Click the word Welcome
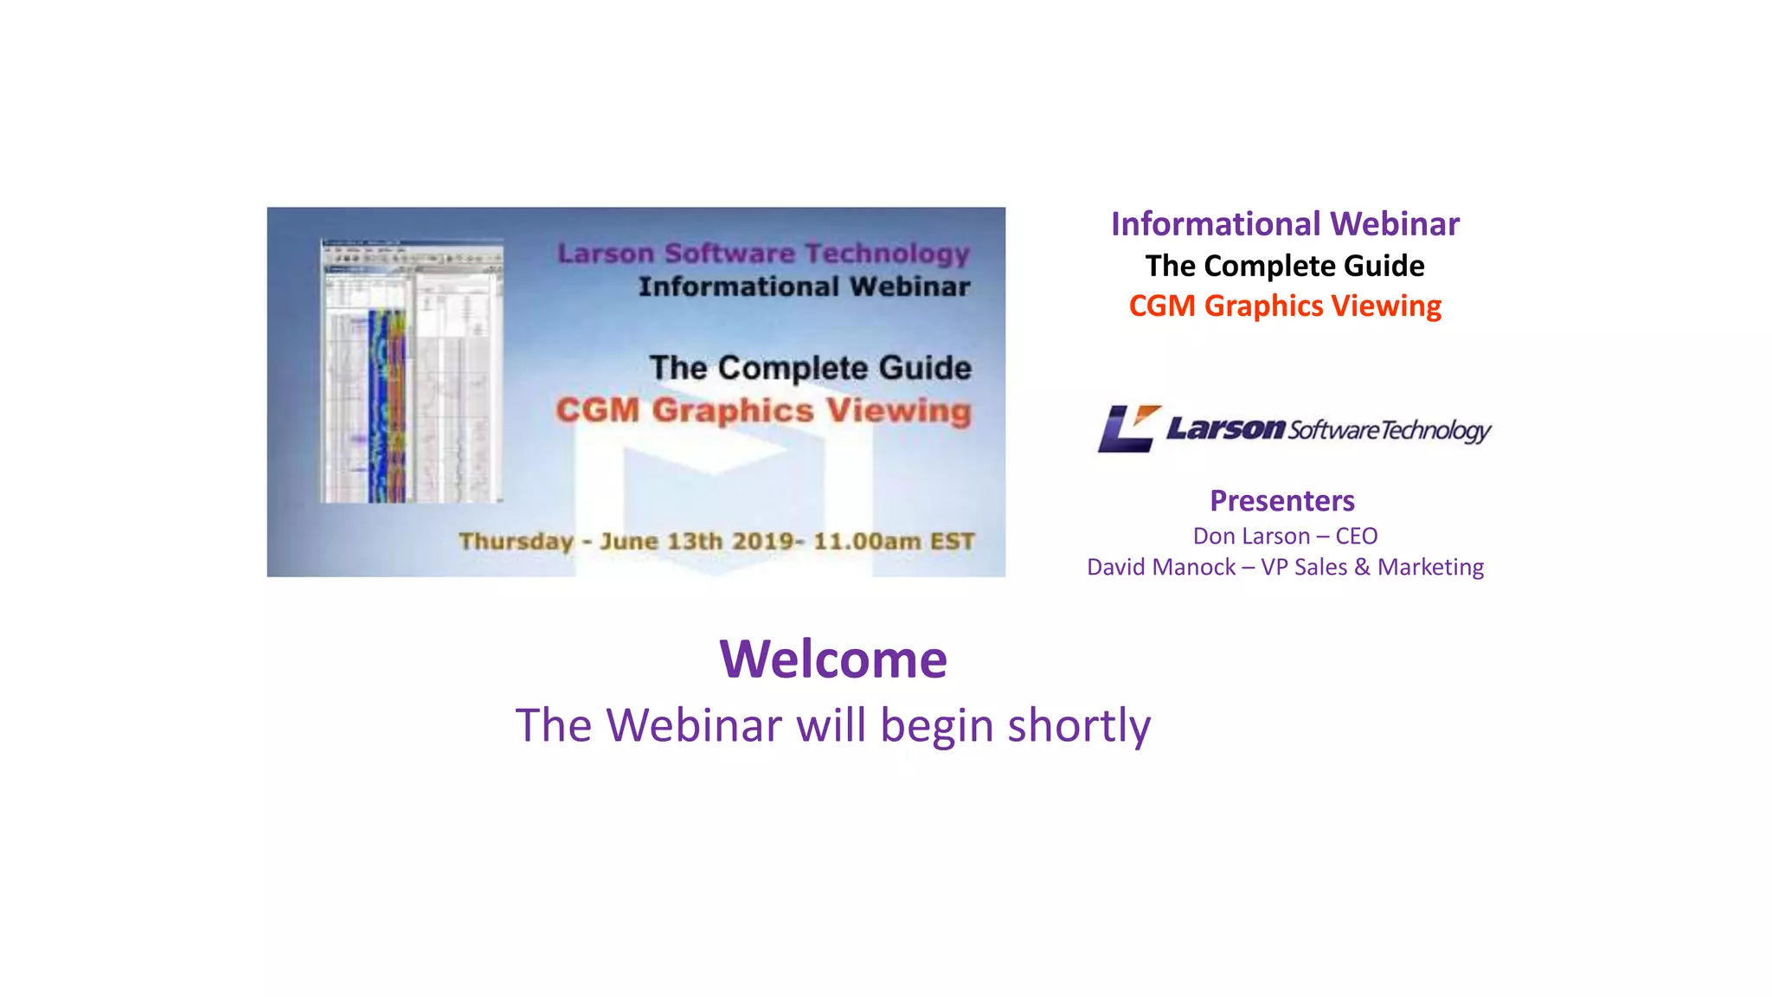pyautogui.click(x=833, y=659)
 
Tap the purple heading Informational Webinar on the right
pyautogui.click(x=1285, y=224)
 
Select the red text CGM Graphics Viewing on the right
pyautogui.click(x=1285, y=306)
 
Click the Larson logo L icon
pyautogui.click(x=1127, y=428)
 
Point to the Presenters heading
pyautogui.click(x=1282, y=501)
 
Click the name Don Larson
pyautogui.click(x=1251, y=537)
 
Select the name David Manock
pyautogui.click(x=1161, y=568)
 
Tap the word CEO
pyautogui.click(x=1356, y=537)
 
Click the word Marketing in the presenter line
pyautogui.click(x=1430, y=568)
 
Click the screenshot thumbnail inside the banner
pyautogui.click(x=412, y=371)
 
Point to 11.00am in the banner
pyautogui.click(x=867, y=542)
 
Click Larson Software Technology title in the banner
pyautogui.click(x=763, y=254)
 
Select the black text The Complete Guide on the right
pyautogui.click(x=1285, y=266)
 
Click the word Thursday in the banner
pyautogui.click(x=516, y=542)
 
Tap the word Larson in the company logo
pyautogui.click(x=1225, y=428)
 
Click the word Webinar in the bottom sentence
pyautogui.click(x=694, y=725)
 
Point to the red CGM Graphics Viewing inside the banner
pyautogui.click(x=763, y=410)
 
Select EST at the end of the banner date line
pyautogui.click(x=952, y=542)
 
